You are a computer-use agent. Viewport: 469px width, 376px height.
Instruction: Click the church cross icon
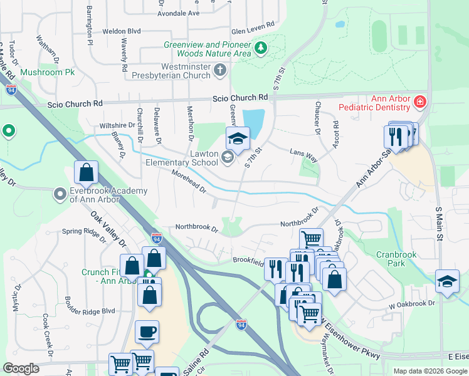tap(219, 71)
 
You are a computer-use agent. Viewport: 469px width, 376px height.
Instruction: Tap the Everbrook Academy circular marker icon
tap(60, 194)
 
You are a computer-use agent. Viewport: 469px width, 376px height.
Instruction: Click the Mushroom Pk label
tap(48, 73)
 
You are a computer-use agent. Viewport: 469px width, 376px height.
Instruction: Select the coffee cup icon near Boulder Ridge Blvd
tap(147, 332)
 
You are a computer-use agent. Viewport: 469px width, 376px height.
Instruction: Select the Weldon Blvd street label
tap(122, 31)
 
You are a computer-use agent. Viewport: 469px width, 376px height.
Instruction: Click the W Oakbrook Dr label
tap(411, 304)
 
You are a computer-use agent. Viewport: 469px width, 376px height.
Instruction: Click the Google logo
tap(21, 368)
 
